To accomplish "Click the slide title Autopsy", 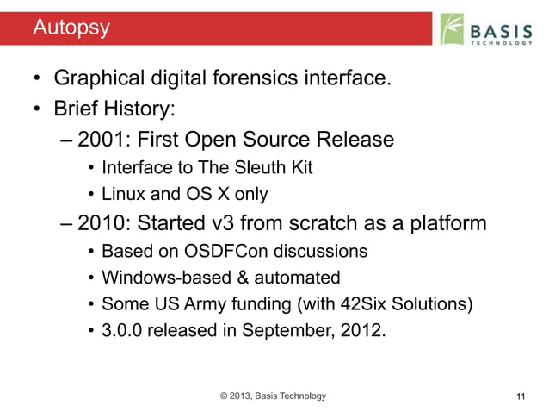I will (71, 28).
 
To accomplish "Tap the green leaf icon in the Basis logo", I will (453, 28).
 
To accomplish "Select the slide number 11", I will (519, 396).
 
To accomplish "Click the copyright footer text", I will (273, 396).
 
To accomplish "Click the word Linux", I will (122, 194).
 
